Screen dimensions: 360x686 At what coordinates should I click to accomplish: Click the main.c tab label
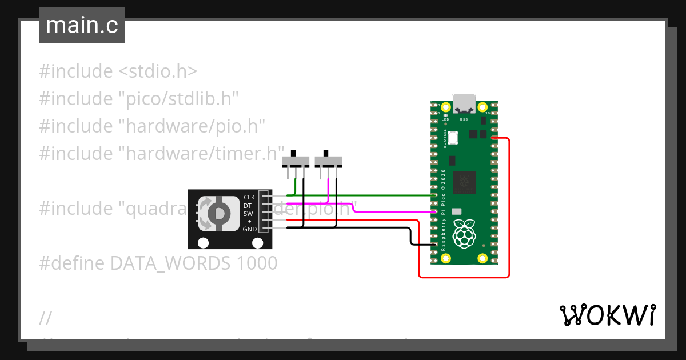click(82, 26)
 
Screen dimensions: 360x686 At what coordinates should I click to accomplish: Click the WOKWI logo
click(607, 315)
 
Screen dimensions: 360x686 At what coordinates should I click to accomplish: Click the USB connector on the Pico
click(464, 104)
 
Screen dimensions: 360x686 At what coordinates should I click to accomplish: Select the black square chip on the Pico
click(464, 183)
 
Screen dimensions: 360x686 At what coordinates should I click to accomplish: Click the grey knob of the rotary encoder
click(218, 213)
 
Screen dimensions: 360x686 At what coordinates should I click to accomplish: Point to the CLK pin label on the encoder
click(249, 197)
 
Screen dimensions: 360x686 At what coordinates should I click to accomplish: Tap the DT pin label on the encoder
click(248, 205)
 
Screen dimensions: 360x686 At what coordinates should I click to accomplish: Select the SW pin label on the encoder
click(248, 214)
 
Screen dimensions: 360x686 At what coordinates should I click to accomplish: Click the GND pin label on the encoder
click(249, 229)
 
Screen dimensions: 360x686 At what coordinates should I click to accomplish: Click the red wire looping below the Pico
click(463, 277)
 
